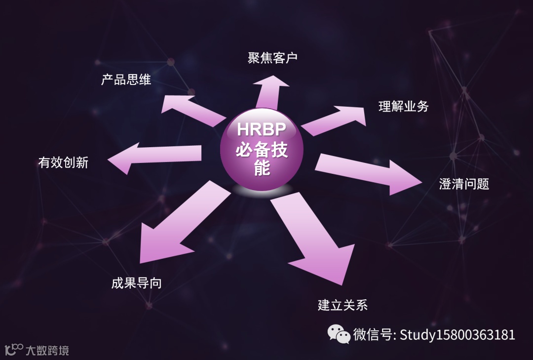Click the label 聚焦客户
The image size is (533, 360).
click(272, 58)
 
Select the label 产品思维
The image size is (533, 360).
click(126, 80)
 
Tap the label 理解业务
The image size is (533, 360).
click(403, 106)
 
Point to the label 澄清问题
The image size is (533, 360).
click(464, 184)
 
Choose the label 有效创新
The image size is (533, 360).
click(63, 162)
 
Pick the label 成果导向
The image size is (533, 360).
click(136, 283)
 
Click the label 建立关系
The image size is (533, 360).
click(343, 305)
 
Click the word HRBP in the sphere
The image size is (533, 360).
click(261, 129)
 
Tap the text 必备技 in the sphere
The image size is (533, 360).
click(261, 150)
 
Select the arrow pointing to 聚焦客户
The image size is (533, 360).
click(270, 91)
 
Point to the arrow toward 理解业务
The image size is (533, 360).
click(336, 119)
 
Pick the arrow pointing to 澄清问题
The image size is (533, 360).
click(368, 174)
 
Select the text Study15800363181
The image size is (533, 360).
click(457, 335)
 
